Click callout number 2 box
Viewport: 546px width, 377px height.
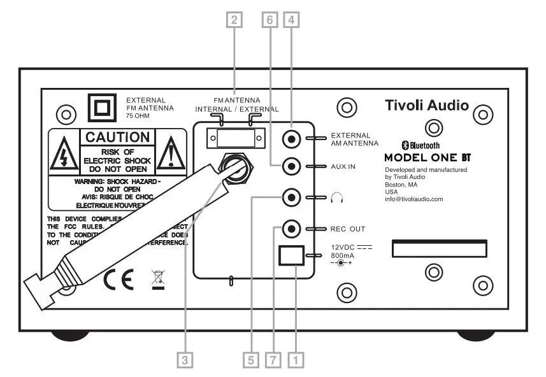[x=236, y=20]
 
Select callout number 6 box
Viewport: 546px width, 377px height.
[x=268, y=20]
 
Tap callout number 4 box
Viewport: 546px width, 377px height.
[x=292, y=20]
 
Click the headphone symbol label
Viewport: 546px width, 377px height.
[x=337, y=198]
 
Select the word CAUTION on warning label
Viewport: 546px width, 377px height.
[x=117, y=137]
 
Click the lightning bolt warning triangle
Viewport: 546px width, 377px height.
[x=64, y=153]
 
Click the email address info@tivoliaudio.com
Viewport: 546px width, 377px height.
[x=414, y=199]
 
